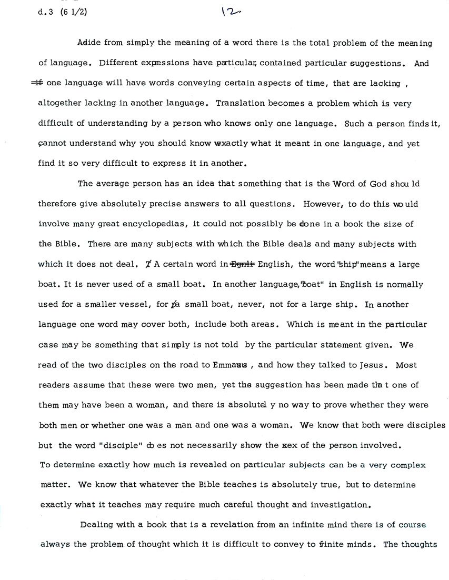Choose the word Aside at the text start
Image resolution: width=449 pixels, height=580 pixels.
88,43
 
